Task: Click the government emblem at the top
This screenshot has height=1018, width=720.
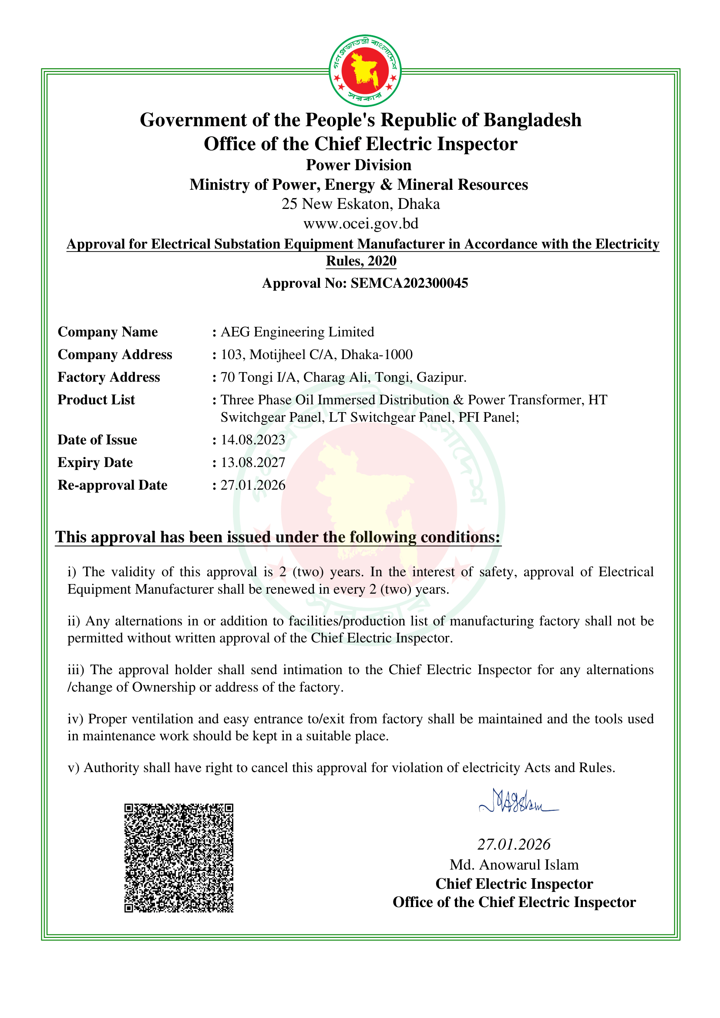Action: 365,71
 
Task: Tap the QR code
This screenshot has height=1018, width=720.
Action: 178,857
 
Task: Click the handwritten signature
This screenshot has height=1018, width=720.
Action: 518,801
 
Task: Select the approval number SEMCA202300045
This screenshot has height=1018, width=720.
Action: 409,283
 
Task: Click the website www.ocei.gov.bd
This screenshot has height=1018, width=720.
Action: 360,223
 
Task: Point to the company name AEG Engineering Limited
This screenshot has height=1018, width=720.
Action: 297,332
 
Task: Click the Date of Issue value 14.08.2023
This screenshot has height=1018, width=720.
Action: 253,440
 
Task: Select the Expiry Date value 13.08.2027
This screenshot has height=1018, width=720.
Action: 253,463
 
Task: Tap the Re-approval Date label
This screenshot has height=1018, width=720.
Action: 113,485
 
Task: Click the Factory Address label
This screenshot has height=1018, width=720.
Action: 109,377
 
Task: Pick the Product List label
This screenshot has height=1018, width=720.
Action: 96,400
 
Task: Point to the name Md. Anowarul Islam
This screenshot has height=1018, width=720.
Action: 514,865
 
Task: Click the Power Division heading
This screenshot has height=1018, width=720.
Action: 359,165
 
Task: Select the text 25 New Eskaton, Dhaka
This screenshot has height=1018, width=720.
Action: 360,204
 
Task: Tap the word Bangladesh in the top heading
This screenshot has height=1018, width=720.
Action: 532,120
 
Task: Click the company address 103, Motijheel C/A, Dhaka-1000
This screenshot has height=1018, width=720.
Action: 316,355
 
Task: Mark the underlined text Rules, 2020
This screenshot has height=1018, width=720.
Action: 361,261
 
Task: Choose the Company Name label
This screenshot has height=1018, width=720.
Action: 108,332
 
